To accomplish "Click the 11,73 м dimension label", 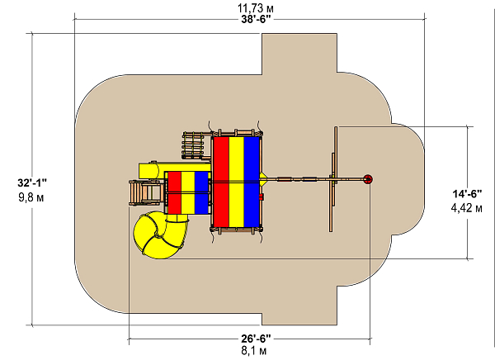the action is [256, 8].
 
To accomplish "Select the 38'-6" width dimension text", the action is [257, 20].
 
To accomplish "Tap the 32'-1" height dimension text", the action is [32, 182].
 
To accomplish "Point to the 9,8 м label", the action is [31, 197].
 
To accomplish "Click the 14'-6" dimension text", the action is [467, 193].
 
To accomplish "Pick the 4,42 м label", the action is [467, 208].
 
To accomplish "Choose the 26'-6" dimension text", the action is [256, 339].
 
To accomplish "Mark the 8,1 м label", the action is [254, 351].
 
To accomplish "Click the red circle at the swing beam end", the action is [367, 179].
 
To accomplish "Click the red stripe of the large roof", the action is [221, 182].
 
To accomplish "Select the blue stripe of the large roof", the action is [252, 182].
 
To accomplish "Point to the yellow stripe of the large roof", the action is [237, 182].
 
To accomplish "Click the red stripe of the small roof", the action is [175, 192].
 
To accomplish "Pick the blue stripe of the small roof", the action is [201, 192].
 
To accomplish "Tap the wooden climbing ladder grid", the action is [192, 145].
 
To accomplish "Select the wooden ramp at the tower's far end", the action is [147, 193].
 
